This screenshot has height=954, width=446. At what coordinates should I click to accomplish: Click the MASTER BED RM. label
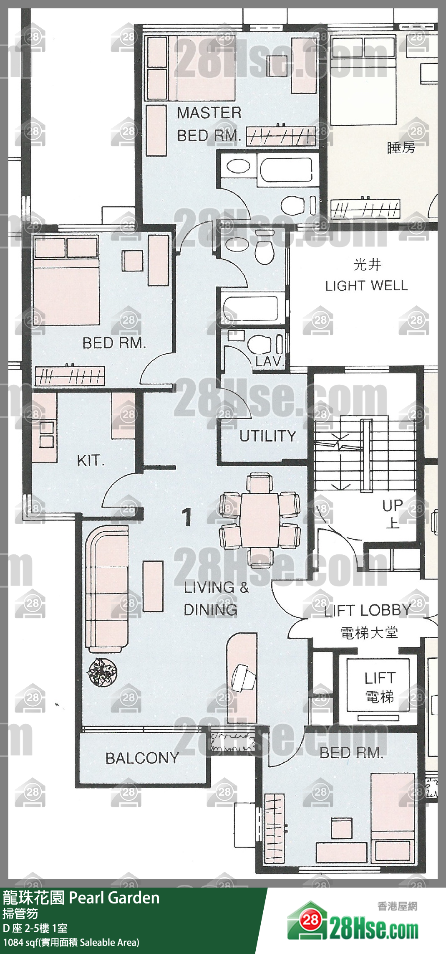209,124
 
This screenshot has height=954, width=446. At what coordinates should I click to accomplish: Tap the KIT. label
91,461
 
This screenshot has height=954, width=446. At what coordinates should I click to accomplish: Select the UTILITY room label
267,436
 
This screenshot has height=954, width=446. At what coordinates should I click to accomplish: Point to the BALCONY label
142,758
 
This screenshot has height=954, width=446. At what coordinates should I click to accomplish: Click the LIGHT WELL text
366,286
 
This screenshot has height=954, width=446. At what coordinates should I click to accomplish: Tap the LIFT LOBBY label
368,610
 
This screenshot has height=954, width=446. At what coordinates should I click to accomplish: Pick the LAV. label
270,362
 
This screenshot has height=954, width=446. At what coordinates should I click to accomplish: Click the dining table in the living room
260,520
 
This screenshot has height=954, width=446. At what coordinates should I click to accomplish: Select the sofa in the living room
107,589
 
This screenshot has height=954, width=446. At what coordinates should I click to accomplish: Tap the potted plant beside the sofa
101,672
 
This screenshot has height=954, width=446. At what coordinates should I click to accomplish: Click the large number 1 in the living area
187,517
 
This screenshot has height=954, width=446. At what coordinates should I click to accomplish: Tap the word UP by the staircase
393,506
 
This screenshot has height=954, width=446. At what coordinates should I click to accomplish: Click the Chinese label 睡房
401,147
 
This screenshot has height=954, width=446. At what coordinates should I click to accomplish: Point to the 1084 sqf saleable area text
71,942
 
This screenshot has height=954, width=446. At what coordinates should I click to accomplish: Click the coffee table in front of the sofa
153,586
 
